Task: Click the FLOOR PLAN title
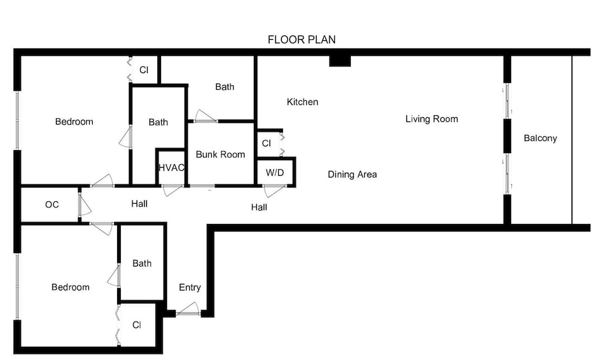301,40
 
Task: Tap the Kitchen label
303,102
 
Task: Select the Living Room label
431,119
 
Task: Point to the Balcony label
540,138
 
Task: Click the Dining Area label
352,175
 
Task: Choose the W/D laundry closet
275,173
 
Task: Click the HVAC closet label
171,168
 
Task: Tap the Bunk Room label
220,154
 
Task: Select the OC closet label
52,205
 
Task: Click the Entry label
190,287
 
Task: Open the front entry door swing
188,309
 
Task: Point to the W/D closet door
274,191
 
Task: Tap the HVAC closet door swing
171,190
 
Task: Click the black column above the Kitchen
340,61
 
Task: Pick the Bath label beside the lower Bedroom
142,264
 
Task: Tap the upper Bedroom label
74,122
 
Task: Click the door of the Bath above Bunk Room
205,117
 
